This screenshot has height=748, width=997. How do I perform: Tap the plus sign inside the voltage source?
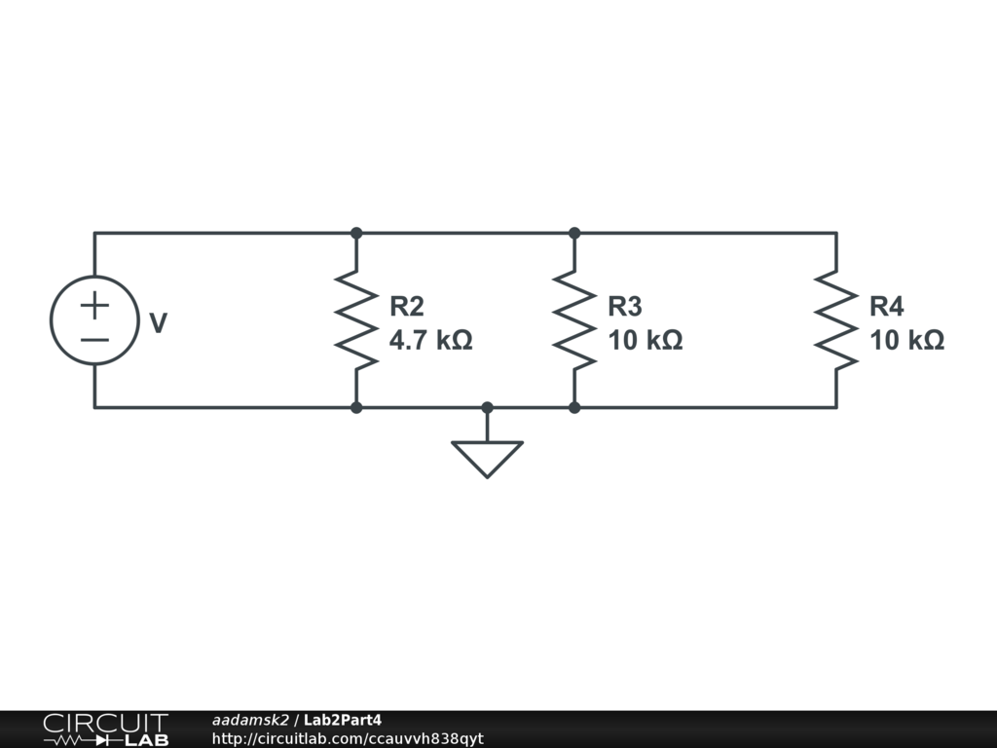[x=94, y=305]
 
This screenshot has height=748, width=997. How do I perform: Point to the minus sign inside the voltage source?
[x=94, y=339]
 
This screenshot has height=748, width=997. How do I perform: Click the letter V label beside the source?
[x=158, y=323]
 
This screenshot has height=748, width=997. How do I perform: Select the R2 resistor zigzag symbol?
[x=356, y=320]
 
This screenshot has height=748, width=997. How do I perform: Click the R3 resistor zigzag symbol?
[x=574, y=320]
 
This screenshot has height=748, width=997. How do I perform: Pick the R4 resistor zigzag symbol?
[x=835, y=320]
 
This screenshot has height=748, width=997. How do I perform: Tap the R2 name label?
[x=407, y=307]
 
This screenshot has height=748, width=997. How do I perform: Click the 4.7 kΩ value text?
[x=430, y=341]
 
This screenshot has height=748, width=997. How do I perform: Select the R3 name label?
[x=625, y=307]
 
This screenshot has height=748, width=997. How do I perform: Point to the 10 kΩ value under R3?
[x=645, y=341]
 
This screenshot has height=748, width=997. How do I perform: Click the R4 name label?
[x=886, y=307]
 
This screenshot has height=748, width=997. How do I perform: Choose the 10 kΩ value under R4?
[x=906, y=341]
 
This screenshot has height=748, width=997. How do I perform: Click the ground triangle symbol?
[x=487, y=456]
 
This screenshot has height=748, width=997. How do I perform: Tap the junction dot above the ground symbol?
[x=487, y=407]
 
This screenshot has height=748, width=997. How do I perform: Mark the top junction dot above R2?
[x=356, y=233]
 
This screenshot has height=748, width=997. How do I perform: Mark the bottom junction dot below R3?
[x=574, y=407]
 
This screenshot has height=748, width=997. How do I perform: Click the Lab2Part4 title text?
[x=343, y=720]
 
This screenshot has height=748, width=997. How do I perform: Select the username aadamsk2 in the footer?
[x=250, y=720]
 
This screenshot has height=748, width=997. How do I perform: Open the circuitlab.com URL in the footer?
[x=347, y=738]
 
